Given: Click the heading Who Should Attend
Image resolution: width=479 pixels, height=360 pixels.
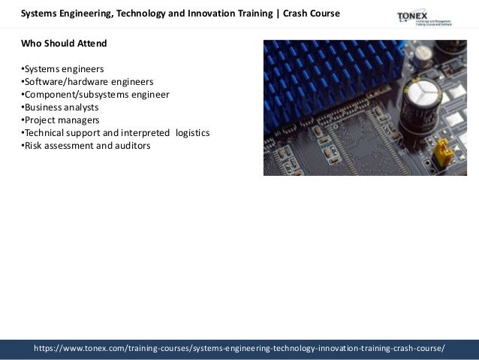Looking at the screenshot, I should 64,43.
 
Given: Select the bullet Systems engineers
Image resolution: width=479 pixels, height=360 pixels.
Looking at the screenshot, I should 62,68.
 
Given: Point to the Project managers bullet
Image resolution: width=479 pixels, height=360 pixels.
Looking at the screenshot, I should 60,119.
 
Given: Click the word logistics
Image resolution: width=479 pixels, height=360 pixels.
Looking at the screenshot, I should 193,132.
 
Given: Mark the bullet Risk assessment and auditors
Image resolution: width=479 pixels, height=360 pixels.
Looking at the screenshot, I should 86,145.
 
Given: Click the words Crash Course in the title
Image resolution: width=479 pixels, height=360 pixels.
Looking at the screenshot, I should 311,14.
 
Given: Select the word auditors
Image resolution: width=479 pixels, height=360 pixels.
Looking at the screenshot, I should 131,145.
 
